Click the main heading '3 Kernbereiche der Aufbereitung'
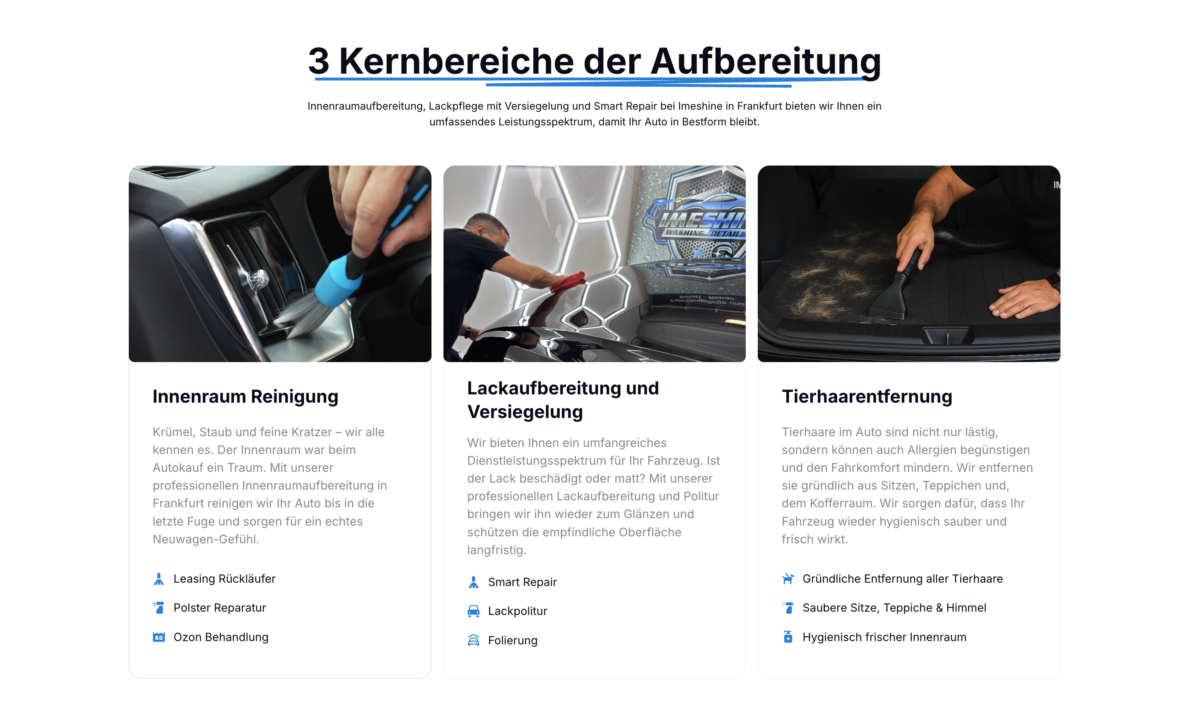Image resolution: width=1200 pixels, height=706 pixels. (594, 61)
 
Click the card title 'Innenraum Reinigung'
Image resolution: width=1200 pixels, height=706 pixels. (245, 396)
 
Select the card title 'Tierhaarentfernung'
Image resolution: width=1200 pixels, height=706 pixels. (867, 396)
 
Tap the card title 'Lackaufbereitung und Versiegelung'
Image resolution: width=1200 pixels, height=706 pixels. (563, 400)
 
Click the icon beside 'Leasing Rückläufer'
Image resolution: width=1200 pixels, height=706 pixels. (159, 579)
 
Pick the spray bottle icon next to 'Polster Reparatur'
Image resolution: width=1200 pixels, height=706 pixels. (159, 608)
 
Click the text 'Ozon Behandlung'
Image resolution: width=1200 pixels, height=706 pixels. (221, 637)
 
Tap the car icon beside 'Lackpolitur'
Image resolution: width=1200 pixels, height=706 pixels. (474, 611)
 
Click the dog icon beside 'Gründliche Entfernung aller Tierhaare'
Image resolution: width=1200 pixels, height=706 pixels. (788, 579)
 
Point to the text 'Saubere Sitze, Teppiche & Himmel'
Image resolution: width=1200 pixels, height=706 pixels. (894, 608)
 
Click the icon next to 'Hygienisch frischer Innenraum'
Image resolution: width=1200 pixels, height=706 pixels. (788, 637)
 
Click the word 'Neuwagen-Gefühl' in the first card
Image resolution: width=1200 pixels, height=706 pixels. (206, 539)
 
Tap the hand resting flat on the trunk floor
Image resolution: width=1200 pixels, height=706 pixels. (1022, 298)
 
